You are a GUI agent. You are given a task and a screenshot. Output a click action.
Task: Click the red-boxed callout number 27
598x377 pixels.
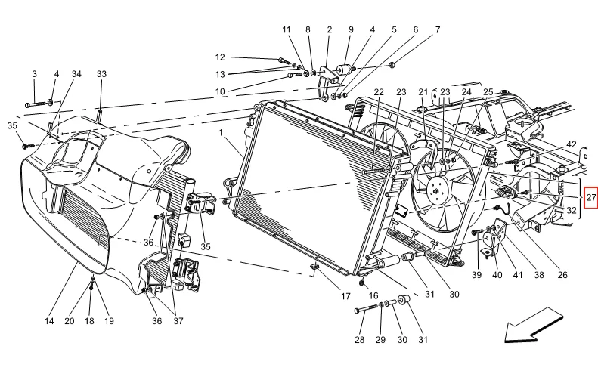(591, 197)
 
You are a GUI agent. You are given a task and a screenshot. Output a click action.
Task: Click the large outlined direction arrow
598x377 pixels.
(533, 325)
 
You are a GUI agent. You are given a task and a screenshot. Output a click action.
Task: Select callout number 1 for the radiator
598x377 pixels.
(221, 133)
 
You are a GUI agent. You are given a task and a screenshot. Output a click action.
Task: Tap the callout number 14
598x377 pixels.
(49, 321)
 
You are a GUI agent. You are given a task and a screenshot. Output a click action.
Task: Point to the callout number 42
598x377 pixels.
(572, 144)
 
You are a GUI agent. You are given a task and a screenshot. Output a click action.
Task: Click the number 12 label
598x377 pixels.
(220, 57)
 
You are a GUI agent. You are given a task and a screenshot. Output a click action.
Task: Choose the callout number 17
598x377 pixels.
(345, 296)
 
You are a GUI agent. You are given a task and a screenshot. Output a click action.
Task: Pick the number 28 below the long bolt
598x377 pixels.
(360, 340)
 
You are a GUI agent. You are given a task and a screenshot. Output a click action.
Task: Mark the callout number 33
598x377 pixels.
(101, 73)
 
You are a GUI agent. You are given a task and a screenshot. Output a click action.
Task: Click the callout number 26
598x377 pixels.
(562, 275)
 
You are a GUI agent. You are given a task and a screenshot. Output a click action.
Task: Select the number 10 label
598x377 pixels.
(220, 91)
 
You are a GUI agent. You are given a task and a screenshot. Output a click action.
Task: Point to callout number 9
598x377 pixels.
(351, 29)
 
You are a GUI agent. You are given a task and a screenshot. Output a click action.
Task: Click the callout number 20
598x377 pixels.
(70, 321)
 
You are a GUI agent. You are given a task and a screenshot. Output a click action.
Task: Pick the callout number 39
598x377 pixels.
(477, 275)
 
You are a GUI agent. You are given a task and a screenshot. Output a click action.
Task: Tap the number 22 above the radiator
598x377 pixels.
(379, 92)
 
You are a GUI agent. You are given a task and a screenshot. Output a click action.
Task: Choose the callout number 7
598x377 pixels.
(438, 29)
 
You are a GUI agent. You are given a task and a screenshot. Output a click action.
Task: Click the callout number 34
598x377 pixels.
(76, 73)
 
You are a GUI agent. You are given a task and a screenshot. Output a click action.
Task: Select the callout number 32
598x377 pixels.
(572, 210)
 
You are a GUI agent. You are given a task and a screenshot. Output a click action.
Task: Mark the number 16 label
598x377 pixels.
(373, 295)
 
